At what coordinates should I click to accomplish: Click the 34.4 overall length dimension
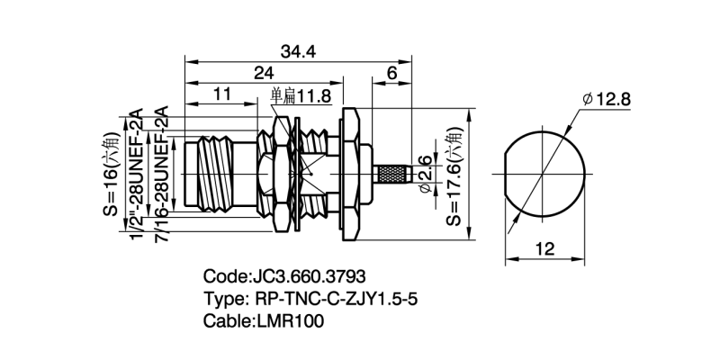[298, 51]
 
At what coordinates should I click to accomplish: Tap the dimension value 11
[222, 94]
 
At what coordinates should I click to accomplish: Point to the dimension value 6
[392, 72]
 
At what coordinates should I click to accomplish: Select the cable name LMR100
[290, 319]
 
